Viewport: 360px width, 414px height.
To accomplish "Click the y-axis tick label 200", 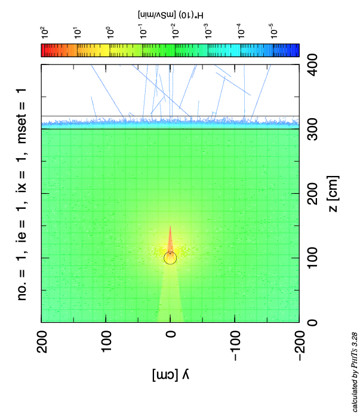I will click(41, 342).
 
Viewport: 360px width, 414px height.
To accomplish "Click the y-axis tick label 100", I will click(106, 342).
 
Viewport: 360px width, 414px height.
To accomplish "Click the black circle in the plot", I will click(170, 258).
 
